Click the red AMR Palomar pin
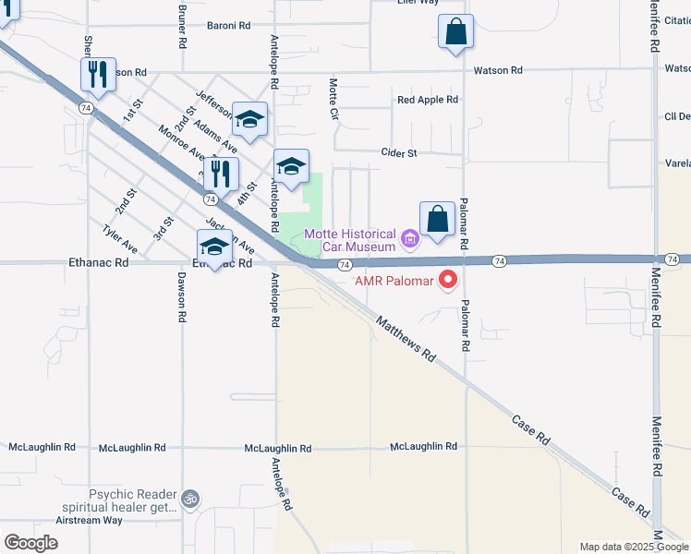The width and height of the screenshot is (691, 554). click(x=448, y=278)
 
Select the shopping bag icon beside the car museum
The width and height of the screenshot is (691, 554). click(x=437, y=220)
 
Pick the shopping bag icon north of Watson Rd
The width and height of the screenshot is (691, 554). click(x=455, y=31)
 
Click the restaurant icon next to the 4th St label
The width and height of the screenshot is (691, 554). click(x=220, y=174)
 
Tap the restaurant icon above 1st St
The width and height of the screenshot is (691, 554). click(x=98, y=73)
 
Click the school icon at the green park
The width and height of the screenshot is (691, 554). click(x=291, y=167)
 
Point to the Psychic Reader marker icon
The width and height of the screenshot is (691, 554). click(x=190, y=498)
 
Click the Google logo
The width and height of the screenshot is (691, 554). click(x=30, y=542)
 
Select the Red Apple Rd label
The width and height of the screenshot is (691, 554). click(x=428, y=100)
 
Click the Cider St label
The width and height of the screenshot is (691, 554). click(x=399, y=152)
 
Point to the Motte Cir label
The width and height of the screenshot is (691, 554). click(x=334, y=98)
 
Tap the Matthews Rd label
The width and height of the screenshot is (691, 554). click(x=405, y=337)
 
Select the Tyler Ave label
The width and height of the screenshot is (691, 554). click(x=120, y=239)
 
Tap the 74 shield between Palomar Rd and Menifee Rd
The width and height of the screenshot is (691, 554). click(x=499, y=262)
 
